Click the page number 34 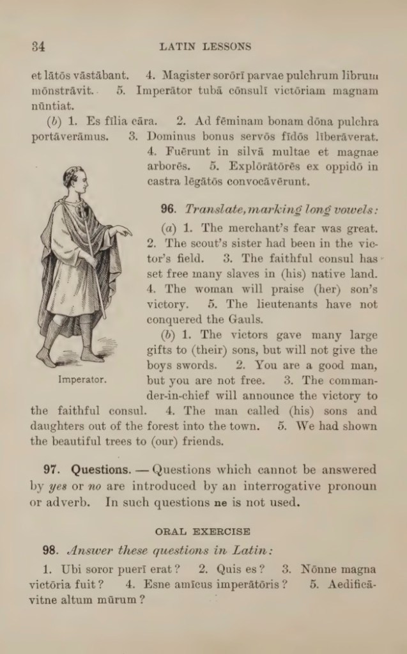pos(38,46)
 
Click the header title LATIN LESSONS pos(205,46)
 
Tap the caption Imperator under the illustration pos(82,379)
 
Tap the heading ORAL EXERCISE pos(203,531)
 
